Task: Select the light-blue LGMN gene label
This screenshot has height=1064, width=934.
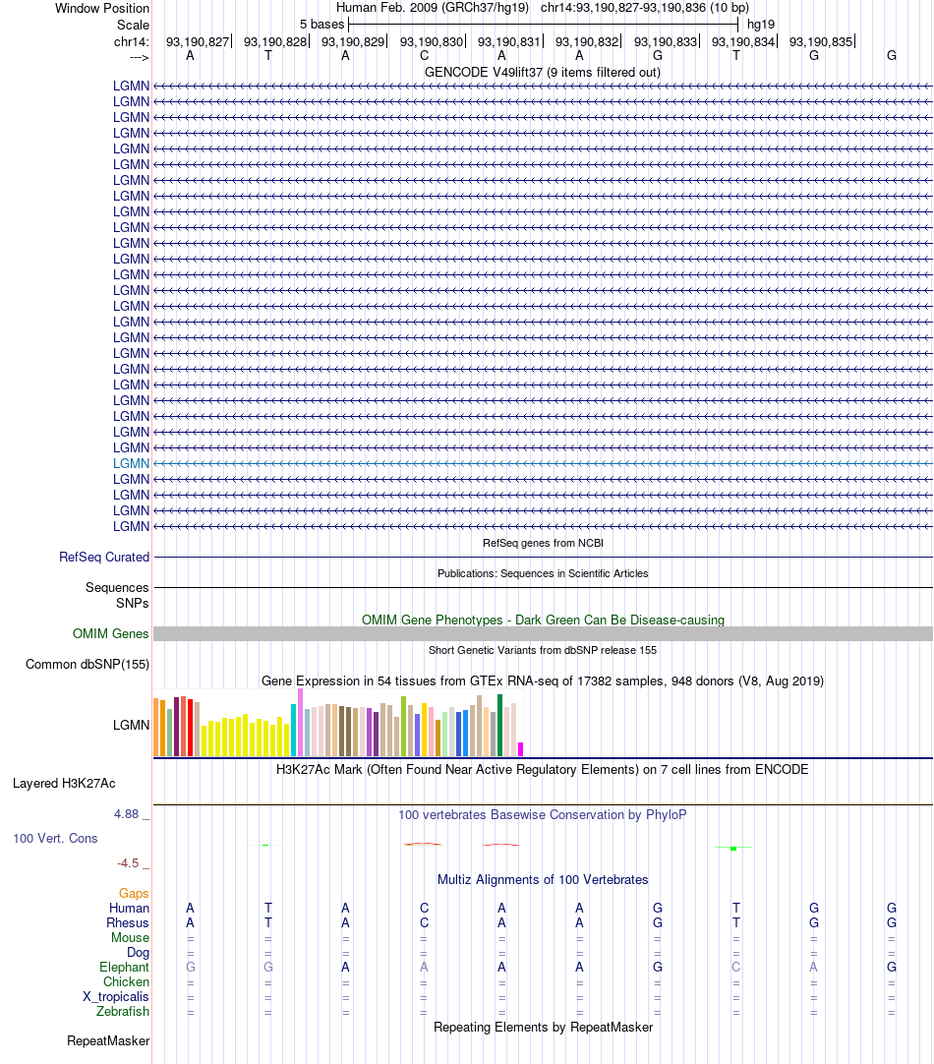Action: coord(131,463)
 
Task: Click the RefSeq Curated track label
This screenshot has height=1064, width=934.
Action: coord(104,557)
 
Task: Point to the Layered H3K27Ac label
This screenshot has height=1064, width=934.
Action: coord(64,784)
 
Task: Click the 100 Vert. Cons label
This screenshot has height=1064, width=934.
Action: coord(55,839)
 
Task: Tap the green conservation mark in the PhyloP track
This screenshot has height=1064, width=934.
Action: coord(733,848)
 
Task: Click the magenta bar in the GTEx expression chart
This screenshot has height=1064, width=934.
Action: coord(520,748)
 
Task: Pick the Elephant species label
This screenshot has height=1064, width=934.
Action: coord(124,968)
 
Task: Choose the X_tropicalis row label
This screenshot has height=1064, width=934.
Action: coord(116,996)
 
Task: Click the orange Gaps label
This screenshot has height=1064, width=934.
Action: coord(134,893)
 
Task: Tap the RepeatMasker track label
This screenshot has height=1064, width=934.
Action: coord(108,1040)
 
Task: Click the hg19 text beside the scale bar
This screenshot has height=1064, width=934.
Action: coord(761,23)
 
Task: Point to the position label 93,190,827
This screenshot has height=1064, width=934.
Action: coord(198,42)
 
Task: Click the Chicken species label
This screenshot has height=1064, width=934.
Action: coord(126,981)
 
